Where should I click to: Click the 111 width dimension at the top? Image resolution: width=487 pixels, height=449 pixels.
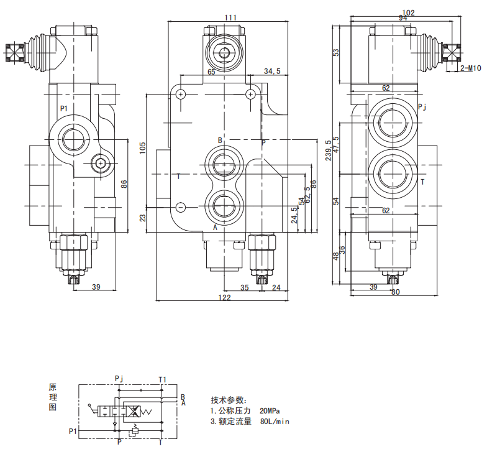230,17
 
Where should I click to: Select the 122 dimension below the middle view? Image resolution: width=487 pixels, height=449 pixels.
224,298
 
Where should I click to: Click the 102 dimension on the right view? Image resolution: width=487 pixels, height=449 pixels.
409,12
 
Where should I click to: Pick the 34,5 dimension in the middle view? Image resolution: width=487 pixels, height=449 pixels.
272,72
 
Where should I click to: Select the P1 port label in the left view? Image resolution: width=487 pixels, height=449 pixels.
64,109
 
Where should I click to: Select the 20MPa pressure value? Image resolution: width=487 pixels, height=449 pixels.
270,411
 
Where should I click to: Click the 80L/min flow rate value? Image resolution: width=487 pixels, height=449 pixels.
275,422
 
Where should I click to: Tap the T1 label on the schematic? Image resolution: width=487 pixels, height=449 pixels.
162,379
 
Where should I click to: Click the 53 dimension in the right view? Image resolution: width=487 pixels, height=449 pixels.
336,53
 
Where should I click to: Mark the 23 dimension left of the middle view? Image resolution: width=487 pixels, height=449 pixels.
142,218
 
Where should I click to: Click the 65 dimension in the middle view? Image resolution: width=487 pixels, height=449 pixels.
211,72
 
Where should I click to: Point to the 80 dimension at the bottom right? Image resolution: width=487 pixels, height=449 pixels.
396,292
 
